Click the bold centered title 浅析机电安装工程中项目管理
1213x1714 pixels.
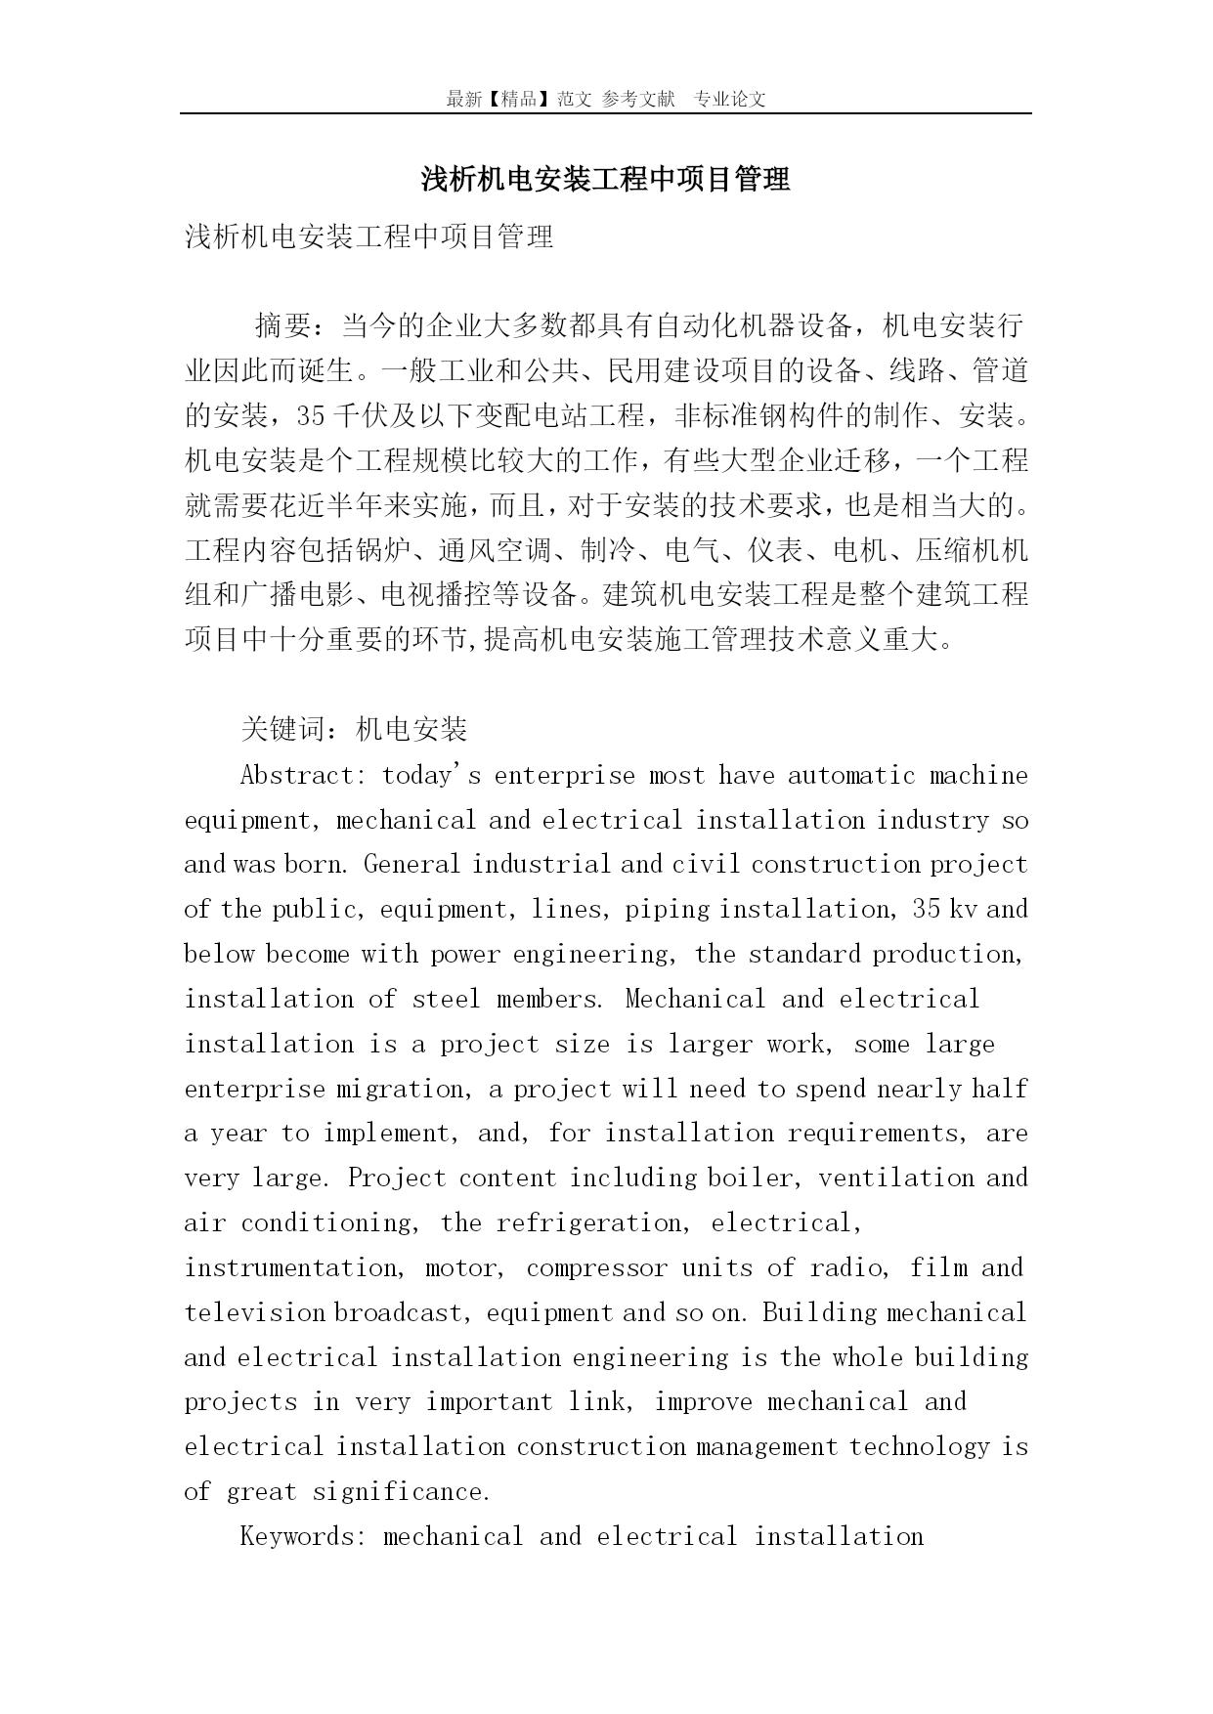tap(605, 179)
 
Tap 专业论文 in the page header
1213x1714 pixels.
tap(730, 99)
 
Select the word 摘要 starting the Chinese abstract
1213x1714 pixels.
tap(283, 325)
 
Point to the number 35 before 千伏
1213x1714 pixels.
tap(310, 415)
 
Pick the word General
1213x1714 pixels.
tap(412, 865)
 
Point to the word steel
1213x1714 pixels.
tap(447, 999)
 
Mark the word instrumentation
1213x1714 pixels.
tap(290, 1267)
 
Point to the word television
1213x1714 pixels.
tap(255, 1312)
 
